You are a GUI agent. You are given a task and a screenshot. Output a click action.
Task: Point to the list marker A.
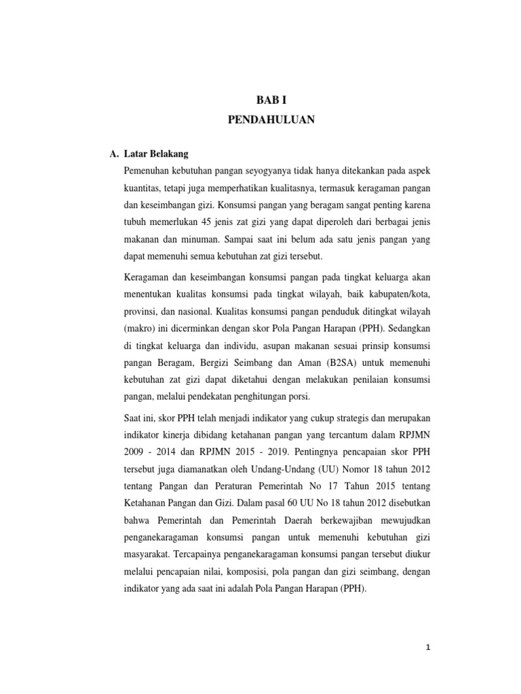tap(114, 155)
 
